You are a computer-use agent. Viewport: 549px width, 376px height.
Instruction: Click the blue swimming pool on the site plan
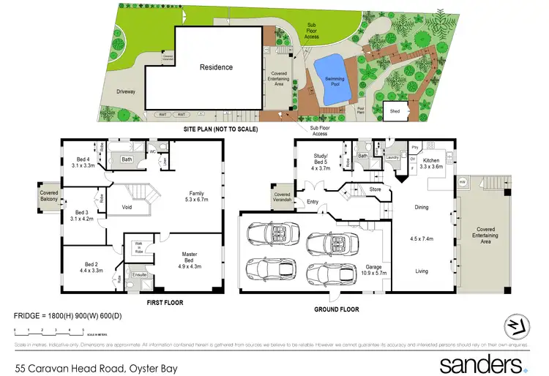click(332, 74)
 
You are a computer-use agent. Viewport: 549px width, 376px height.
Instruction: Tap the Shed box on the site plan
click(395, 111)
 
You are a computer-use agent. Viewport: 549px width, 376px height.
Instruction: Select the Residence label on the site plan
click(216, 67)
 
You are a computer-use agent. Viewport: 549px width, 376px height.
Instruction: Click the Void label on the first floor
click(117, 206)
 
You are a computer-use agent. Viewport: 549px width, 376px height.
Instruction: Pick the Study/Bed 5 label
click(322, 162)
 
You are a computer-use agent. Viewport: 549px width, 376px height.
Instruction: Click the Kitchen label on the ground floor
click(430, 162)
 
